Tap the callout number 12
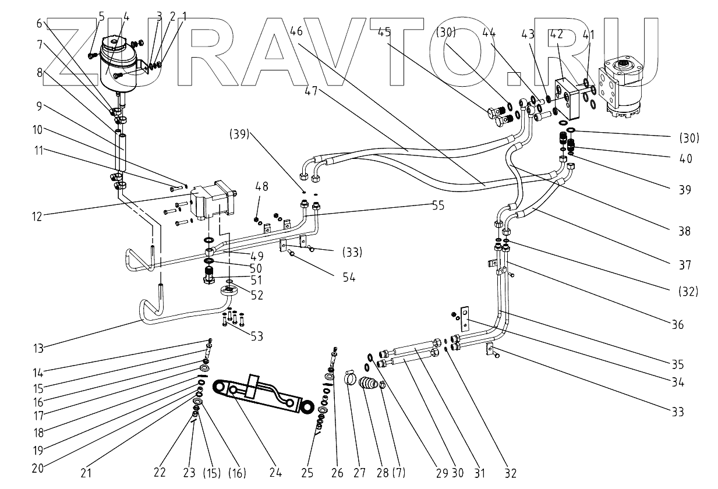37,217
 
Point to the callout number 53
256,336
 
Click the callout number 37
685,265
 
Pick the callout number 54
348,278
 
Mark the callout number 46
296,31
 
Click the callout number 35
677,365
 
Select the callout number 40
685,158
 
